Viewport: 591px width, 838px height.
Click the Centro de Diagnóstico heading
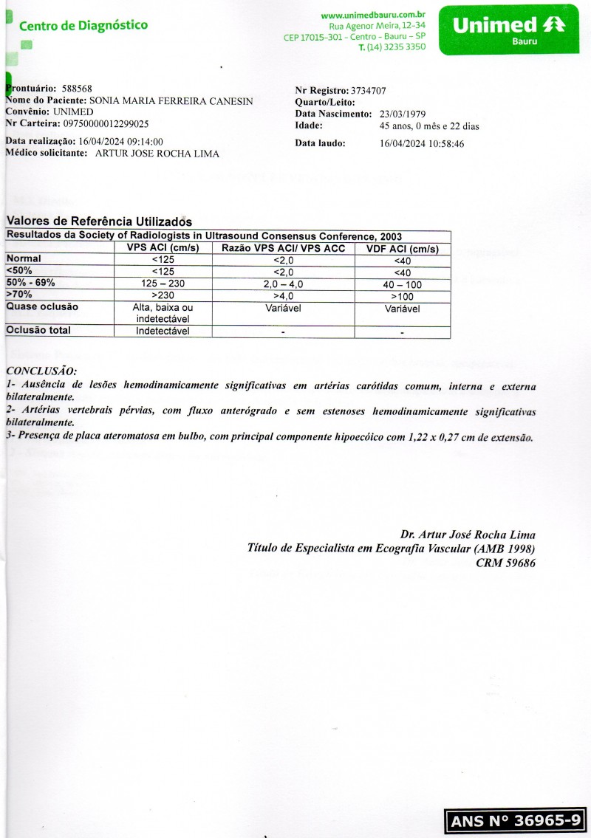tap(83, 26)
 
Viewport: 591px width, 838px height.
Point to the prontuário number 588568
tap(76, 89)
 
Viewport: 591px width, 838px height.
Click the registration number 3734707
tap(369, 91)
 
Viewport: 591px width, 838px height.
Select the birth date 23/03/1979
tap(403, 114)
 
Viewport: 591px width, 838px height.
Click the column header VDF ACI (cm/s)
tap(402, 249)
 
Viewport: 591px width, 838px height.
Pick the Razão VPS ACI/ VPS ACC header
tap(282, 249)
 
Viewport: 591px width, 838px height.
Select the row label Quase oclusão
tap(42, 306)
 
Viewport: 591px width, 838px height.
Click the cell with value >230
tap(163, 295)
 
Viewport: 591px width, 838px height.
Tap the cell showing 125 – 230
tap(163, 284)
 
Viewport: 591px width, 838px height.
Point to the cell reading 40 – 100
tap(402, 284)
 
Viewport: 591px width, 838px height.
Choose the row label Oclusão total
tap(40, 331)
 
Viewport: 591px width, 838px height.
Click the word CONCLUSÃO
tap(41, 371)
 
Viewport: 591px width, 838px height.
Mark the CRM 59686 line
tap(505, 563)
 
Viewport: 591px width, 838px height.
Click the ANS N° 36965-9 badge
tap(516, 820)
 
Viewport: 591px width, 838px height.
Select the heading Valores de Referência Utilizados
tap(99, 221)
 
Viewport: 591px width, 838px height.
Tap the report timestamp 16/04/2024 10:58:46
tap(422, 144)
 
